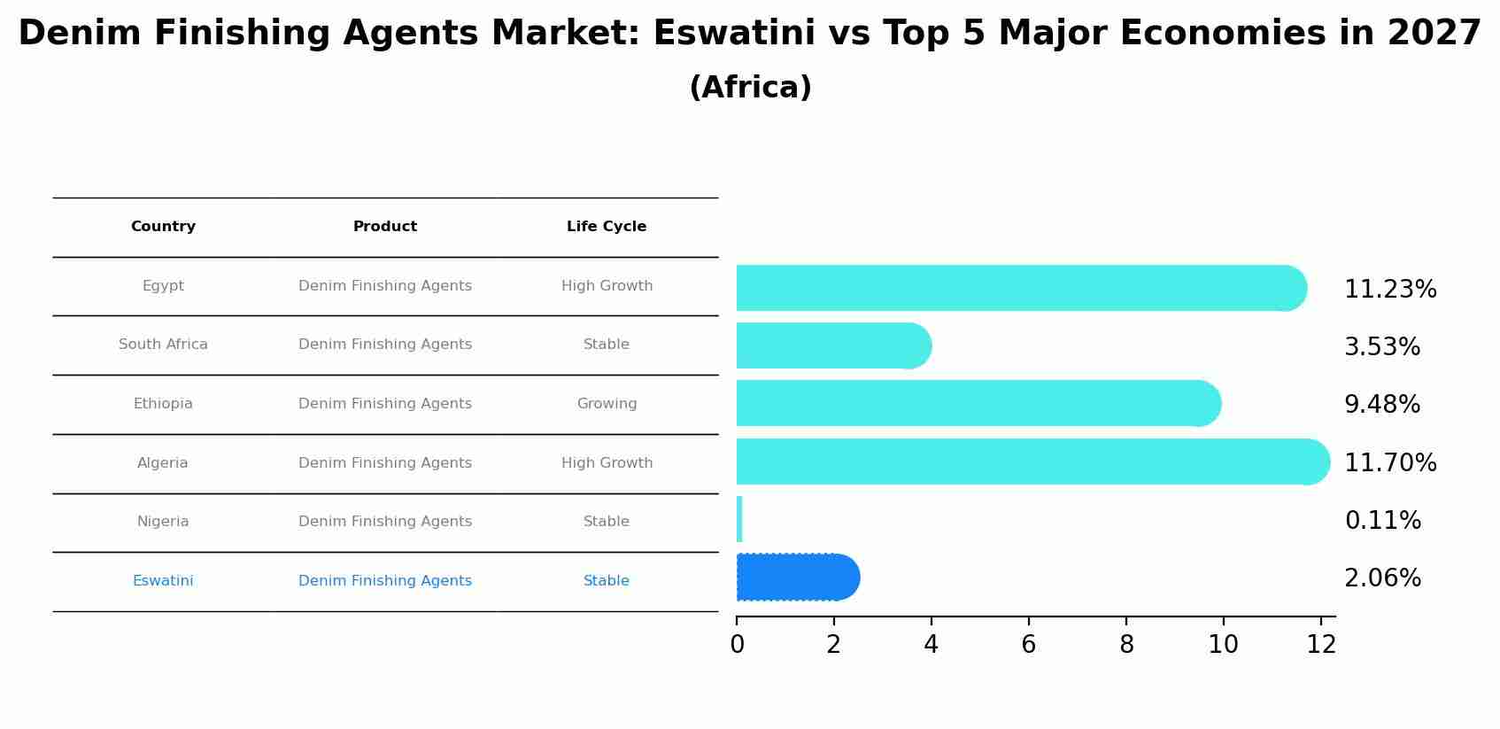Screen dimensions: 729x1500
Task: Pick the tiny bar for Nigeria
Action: coord(739,519)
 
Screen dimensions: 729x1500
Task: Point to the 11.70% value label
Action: coord(1389,462)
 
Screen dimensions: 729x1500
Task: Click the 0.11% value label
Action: coord(1382,520)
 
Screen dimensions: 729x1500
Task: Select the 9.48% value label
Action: coord(1381,404)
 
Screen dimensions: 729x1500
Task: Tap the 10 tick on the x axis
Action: coord(1223,645)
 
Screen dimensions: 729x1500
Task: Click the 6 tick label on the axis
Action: coord(1028,645)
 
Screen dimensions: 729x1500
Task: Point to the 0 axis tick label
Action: coord(737,645)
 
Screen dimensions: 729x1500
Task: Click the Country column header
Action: coord(163,227)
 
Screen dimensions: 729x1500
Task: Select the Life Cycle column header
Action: coord(607,227)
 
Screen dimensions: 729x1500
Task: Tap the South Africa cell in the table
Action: coord(163,345)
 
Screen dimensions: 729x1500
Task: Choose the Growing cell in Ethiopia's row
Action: coord(607,404)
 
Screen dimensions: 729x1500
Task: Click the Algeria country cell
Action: coord(163,463)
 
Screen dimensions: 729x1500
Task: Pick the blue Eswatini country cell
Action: coord(163,581)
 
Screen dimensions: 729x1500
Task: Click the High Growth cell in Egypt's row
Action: coord(607,286)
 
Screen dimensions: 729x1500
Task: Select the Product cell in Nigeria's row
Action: coord(385,522)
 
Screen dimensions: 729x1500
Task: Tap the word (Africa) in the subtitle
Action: coord(750,88)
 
